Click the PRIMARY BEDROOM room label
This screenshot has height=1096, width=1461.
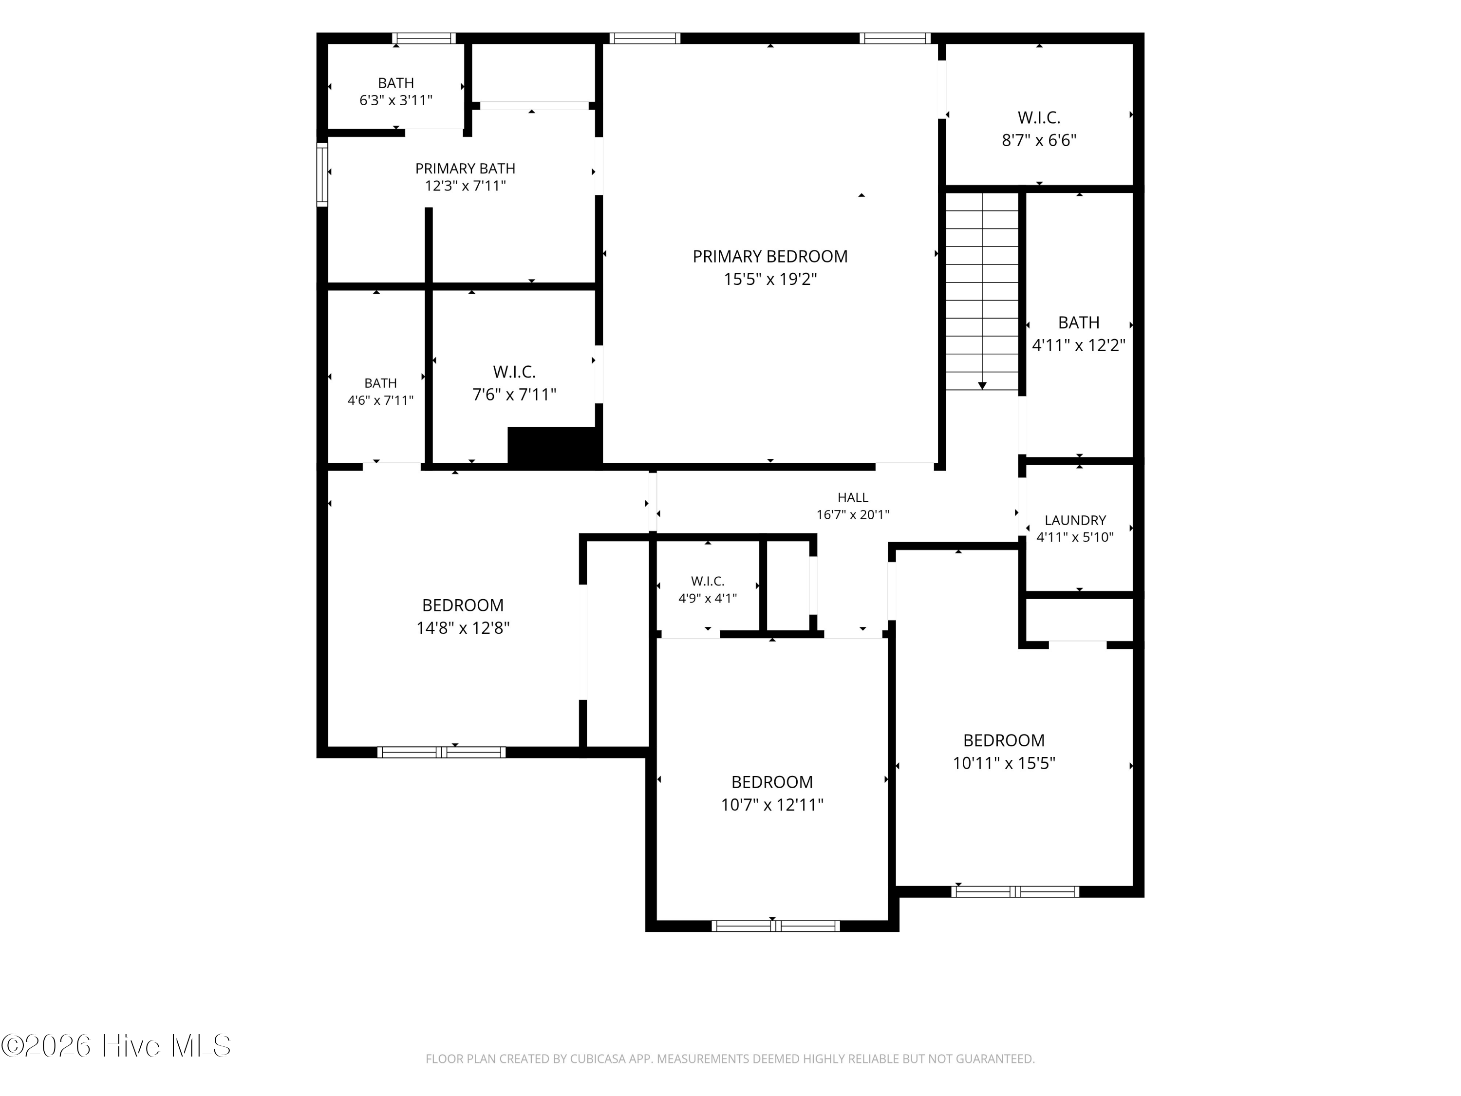[770, 256]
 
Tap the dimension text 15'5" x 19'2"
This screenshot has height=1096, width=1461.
[770, 279]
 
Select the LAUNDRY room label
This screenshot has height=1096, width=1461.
[1075, 520]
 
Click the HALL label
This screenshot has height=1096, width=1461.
[853, 497]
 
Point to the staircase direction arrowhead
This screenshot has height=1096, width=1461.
[982, 385]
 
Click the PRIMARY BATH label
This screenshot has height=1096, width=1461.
[465, 169]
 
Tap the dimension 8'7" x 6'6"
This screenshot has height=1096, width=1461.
[1039, 140]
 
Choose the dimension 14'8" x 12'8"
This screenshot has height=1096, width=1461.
[462, 627]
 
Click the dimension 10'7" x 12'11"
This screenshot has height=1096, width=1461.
[772, 805]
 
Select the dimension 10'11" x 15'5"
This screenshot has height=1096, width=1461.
[1004, 763]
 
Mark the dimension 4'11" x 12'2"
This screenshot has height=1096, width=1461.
[1079, 345]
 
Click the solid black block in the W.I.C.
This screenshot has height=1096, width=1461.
[554, 445]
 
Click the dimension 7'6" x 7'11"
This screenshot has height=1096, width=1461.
[514, 395]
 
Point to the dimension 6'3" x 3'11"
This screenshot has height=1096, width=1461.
[395, 100]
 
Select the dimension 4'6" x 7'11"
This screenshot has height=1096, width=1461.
[380, 400]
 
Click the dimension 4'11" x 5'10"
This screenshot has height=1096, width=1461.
[1075, 537]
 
